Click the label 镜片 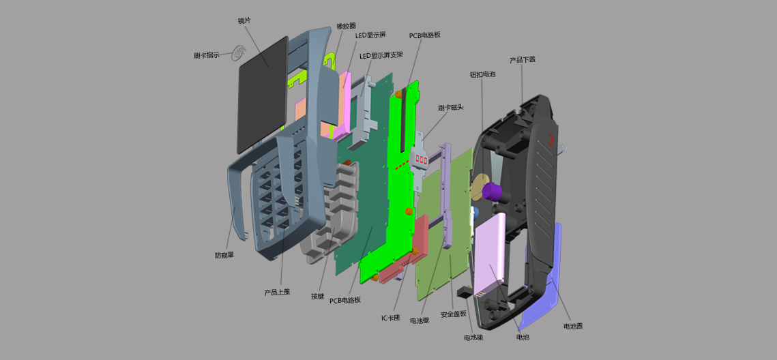click(244, 21)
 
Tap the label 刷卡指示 click(207, 55)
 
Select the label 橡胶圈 click(346, 26)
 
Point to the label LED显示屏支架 click(381, 55)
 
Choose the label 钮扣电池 click(483, 74)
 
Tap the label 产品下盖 click(523, 60)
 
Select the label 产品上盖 click(277, 292)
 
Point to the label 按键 click(318, 296)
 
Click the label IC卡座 click(390, 318)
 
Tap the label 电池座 click(473, 338)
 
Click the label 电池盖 click(573, 327)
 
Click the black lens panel click(263, 94)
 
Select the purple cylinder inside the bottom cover click(493, 191)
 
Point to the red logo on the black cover click(550, 140)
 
